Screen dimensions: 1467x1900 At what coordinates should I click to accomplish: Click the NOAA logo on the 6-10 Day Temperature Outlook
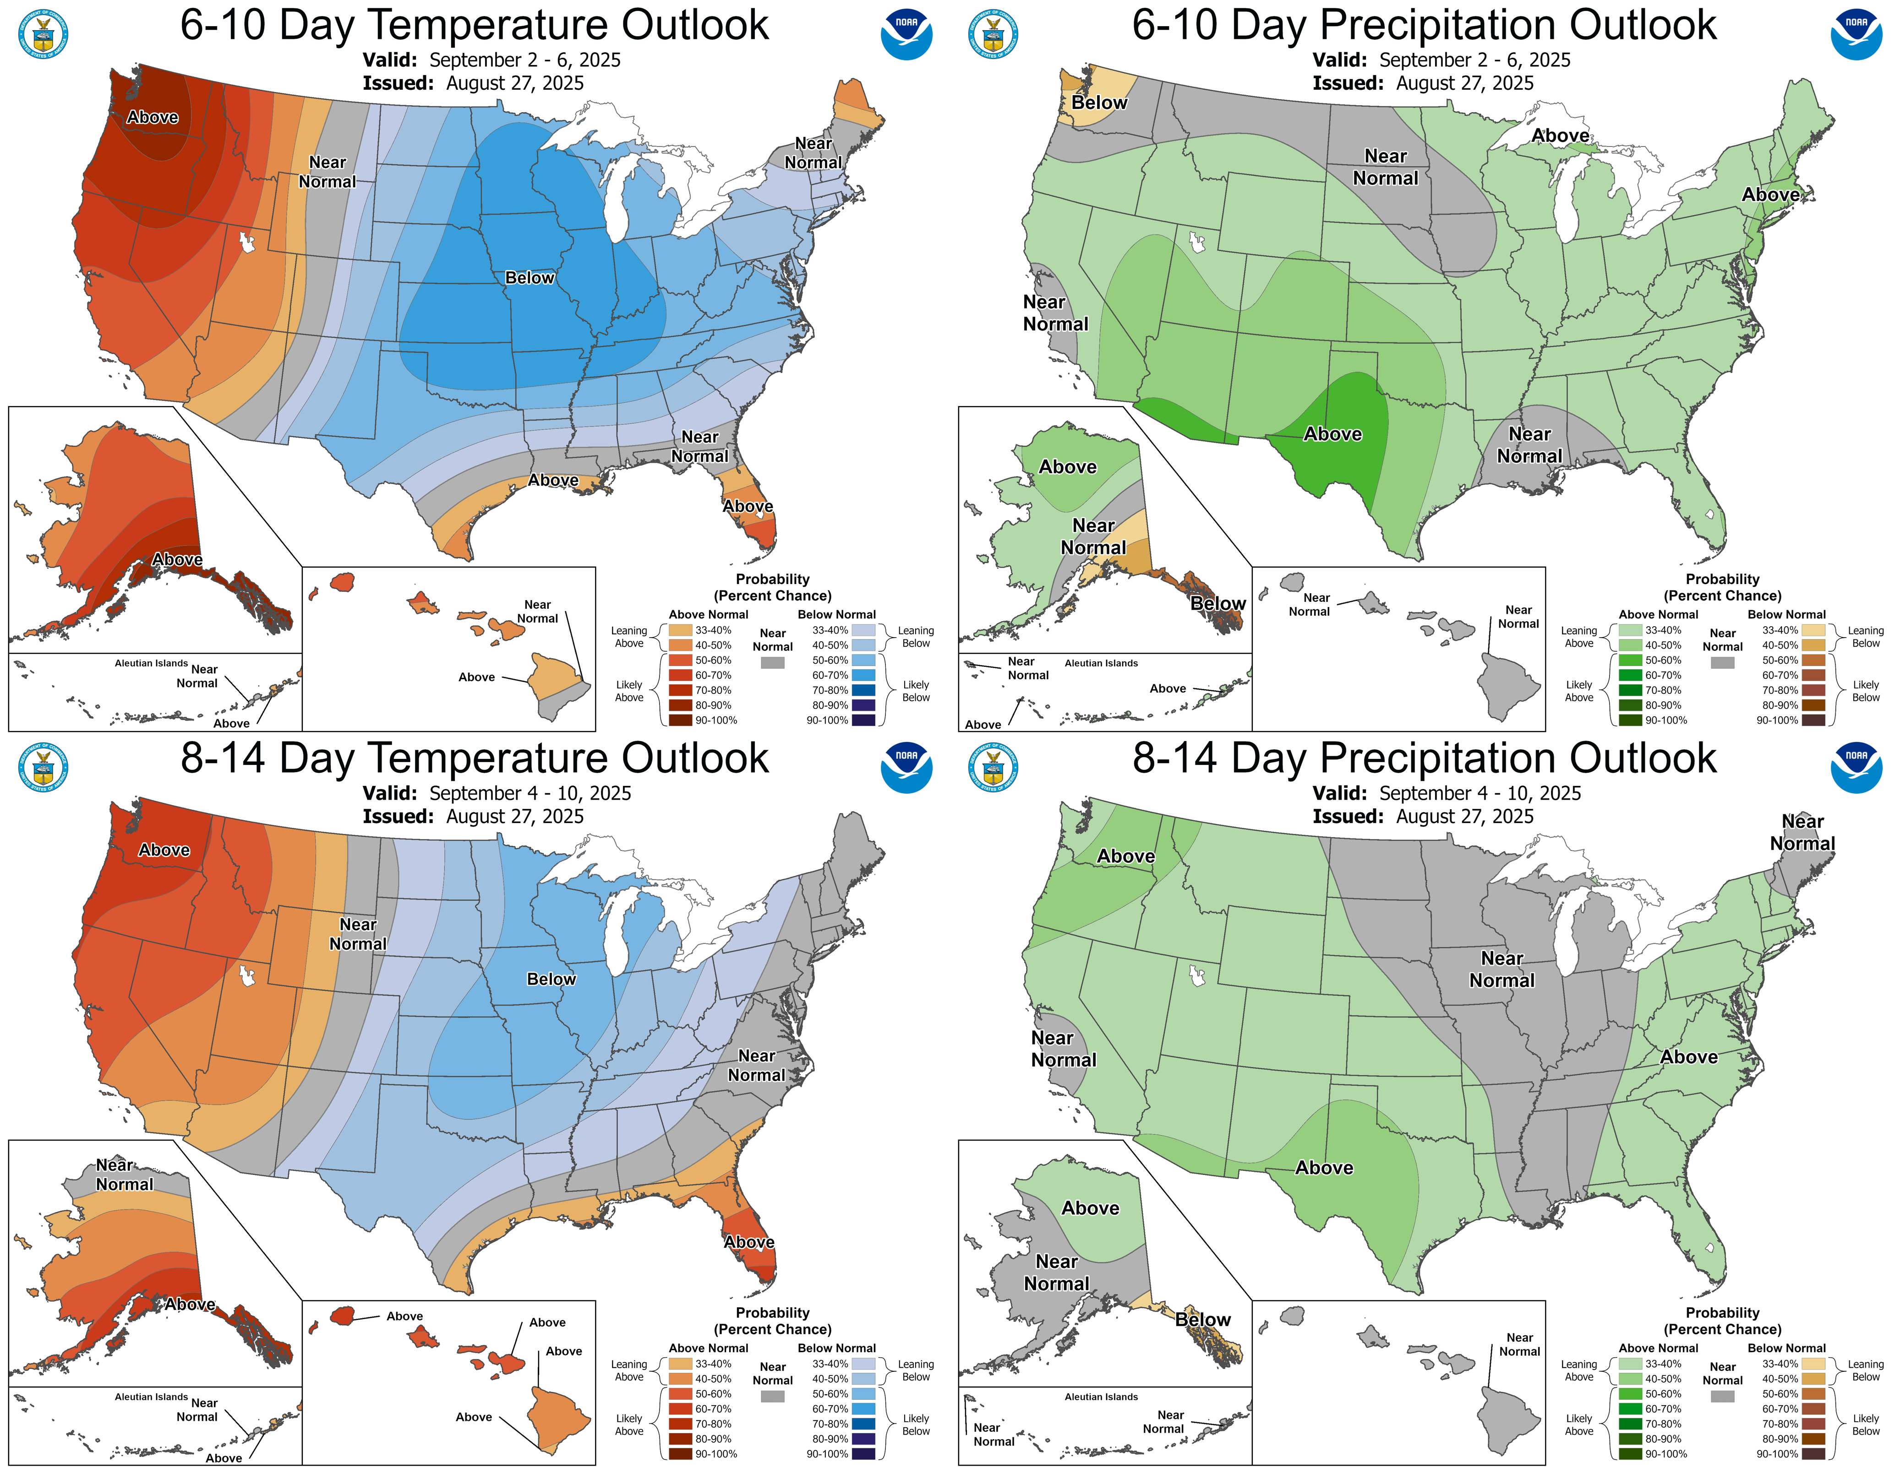click(x=906, y=34)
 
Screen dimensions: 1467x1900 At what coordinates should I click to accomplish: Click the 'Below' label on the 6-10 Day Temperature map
click(x=530, y=278)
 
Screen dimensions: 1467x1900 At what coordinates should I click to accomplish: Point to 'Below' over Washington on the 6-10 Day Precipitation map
click(x=1099, y=103)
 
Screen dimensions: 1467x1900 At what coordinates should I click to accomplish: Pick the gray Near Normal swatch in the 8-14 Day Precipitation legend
click(x=1722, y=1397)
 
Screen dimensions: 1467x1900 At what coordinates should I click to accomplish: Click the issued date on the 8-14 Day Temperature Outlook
click(x=514, y=817)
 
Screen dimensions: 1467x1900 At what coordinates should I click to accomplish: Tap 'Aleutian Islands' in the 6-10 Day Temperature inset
click(x=151, y=664)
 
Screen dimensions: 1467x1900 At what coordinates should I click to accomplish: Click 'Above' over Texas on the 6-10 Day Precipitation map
click(x=1332, y=434)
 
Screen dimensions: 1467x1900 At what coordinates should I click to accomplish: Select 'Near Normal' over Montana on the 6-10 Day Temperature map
click(x=327, y=172)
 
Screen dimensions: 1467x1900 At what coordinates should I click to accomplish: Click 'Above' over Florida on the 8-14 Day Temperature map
click(x=749, y=1242)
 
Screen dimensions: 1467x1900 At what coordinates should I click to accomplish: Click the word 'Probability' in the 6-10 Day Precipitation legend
click(x=1722, y=579)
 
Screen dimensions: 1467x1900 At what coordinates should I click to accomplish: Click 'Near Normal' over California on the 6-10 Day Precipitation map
click(x=1055, y=313)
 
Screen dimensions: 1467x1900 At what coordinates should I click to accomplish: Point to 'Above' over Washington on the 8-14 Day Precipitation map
click(x=1126, y=856)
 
